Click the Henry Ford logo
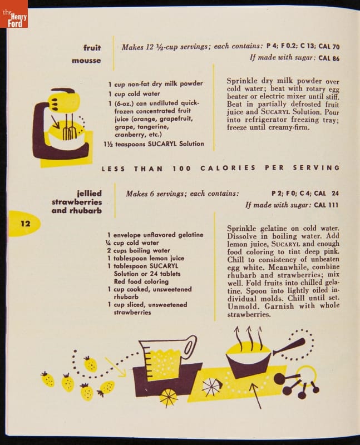pyautogui.click(x=14, y=14)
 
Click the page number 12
pyautogui.click(x=25, y=224)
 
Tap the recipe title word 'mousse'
pyautogui.click(x=86, y=61)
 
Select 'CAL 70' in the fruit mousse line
pyautogui.click(x=329, y=47)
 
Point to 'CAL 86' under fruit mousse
pyautogui.click(x=329, y=58)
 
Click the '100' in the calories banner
pyautogui.click(x=181, y=169)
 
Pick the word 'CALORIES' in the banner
pyautogui.click(x=228, y=168)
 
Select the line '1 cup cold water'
pyautogui.click(x=134, y=93)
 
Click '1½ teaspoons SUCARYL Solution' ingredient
pyautogui.click(x=154, y=144)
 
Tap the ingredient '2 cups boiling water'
pyautogui.click(x=139, y=251)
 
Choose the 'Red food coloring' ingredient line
pyautogui.click(x=141, y=281)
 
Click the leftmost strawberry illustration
pyautogui.click(x=47, y=379)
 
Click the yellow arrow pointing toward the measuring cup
pyautogui.click(x=115, y=367)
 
